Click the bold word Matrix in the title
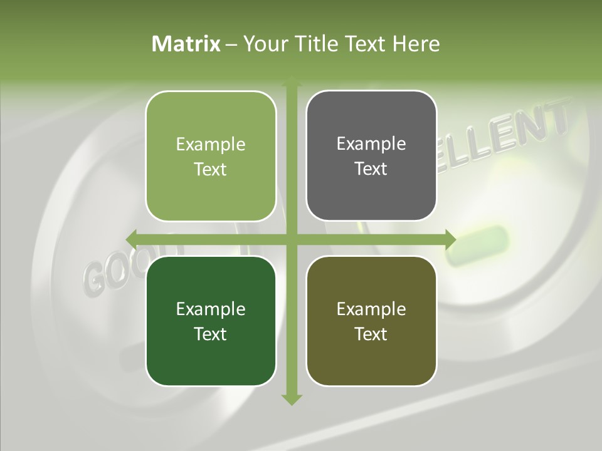(186, 44)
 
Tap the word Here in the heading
(416, 44)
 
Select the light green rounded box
(211, 156)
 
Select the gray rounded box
(371, 155)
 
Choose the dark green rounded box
(211, 321)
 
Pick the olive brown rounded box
(371, 321)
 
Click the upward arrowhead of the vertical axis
(292, 83)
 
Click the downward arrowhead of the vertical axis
(292, 399)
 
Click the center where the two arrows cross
(292, 239)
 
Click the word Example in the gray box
(371, 143)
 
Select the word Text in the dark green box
(211, 334)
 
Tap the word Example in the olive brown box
(371, 309)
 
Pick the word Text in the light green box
(211, 169)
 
